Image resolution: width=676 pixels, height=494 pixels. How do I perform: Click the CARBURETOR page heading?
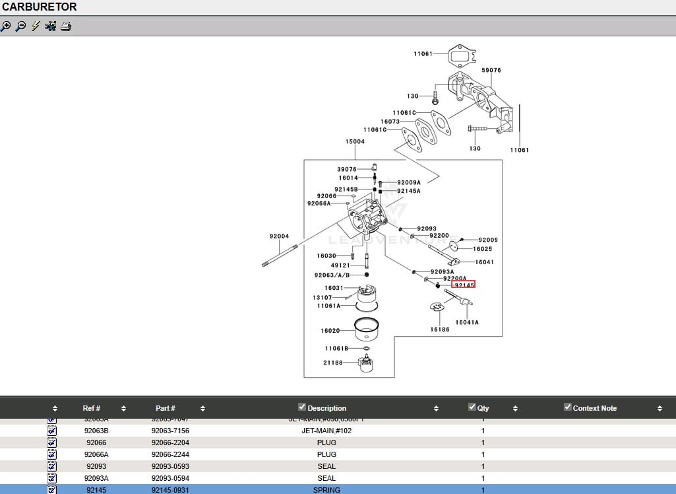40,7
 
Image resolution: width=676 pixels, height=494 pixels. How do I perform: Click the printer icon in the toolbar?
66,26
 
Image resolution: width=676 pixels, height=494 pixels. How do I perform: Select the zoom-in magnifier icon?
6,26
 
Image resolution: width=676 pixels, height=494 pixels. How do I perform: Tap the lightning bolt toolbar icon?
36,26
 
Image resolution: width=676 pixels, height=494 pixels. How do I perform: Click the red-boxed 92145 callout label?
464,285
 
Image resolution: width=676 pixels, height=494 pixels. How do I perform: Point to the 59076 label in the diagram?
491,70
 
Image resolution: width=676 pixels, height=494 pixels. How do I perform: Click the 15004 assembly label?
355,141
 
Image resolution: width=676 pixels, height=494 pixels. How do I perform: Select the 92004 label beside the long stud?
279,236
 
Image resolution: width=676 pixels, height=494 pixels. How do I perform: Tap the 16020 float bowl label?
330,331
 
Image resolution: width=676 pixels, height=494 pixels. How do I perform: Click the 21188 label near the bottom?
332,363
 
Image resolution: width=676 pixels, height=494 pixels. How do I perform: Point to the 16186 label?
440,329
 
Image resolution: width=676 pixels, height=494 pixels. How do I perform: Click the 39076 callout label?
347,169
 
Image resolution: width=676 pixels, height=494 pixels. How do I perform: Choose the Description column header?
326,408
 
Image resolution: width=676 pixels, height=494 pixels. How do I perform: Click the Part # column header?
166,408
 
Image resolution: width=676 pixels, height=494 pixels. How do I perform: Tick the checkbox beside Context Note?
568,407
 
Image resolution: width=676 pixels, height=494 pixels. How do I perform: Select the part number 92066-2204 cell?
170,442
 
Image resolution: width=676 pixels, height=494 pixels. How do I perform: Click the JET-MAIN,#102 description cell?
326,431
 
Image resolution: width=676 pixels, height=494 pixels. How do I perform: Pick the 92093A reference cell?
96,478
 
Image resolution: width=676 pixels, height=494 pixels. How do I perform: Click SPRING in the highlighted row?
326,490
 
